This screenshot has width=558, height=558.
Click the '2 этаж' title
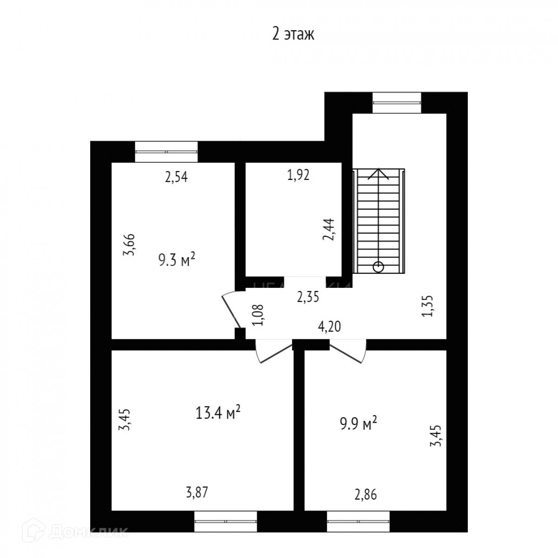[x=293, y=34]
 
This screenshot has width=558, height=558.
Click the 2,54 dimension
[x=176, y=177]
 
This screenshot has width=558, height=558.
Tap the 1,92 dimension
[x=298, y=175]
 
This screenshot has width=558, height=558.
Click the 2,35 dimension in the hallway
[x=308, y=297]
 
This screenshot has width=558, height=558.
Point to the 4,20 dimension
[x=330, y=327]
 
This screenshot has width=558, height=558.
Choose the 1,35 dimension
[x=428, y=306]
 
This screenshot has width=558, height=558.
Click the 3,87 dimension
[x=197, y=492]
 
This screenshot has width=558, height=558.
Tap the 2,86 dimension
[x=365, y=494]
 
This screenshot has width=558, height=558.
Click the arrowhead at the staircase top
[x=379, y=173]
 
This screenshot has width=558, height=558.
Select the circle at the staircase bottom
[x=379, y=266]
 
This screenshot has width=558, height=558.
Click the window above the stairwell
[x=397, y=103]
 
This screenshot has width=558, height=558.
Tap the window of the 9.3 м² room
[x=166, y=152]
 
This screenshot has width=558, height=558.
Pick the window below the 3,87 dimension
[x=226, y=521]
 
